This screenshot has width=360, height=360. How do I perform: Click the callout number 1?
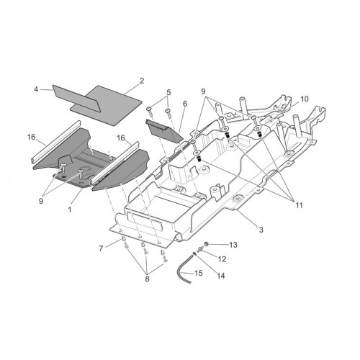click(70, 210)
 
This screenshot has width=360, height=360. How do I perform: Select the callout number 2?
click(142, 81)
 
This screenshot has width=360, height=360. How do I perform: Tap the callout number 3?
click(261, 230)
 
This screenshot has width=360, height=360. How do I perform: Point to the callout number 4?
click(36, 89)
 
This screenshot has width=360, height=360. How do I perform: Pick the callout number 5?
click(168, 92)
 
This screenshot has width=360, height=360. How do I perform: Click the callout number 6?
click(185, 104)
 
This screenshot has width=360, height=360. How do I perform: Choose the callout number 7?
click(102, 248)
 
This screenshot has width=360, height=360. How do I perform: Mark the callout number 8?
click(147, 279)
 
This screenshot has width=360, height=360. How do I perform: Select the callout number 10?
click(305, 99)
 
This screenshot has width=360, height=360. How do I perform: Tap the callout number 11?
click(299, 205)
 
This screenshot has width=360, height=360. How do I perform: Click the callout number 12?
click(222, 259)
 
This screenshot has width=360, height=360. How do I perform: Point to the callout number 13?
click(233, 245)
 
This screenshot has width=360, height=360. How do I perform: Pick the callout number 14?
click(221, 276)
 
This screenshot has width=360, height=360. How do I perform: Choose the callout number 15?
click(198, 273)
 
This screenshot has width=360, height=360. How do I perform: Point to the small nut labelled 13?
click(206, 244)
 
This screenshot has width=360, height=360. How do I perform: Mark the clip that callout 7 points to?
click(122, 239)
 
